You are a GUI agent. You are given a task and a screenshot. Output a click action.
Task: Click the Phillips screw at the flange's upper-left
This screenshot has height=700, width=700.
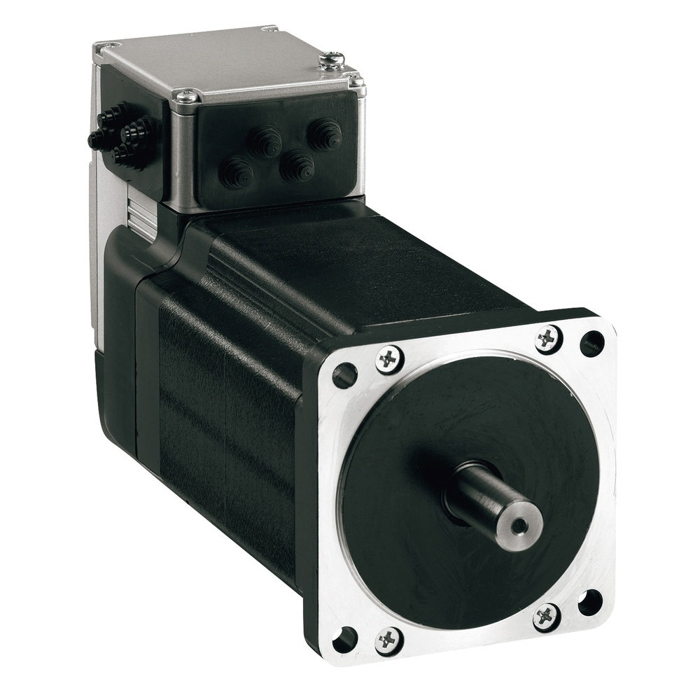(x=389, y=360)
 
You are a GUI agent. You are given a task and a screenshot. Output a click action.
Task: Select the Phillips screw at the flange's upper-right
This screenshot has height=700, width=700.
(x=547, y=339)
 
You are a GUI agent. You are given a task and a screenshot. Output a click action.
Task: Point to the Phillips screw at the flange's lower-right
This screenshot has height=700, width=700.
(x=546, y=616)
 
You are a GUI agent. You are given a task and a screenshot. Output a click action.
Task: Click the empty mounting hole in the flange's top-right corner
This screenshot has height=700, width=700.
(x=591, y=343)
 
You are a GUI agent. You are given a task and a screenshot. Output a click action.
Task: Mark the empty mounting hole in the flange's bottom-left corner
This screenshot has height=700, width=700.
(x=344, y=638)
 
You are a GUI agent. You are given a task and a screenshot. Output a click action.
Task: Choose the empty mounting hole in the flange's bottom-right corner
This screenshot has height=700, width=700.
(x=590, y=602)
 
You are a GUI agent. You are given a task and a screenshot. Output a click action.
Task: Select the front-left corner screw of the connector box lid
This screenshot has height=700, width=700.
(x=186, y=97)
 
